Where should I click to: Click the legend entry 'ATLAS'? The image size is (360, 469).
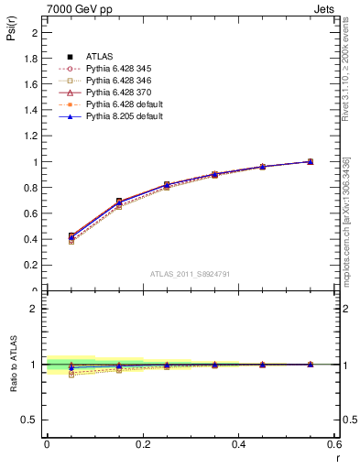[100, 57]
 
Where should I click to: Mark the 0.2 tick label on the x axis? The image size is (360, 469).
[143, 443]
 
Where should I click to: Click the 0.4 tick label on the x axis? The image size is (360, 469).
[238, 443]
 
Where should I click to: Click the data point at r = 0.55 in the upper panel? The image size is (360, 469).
[310, 161]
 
